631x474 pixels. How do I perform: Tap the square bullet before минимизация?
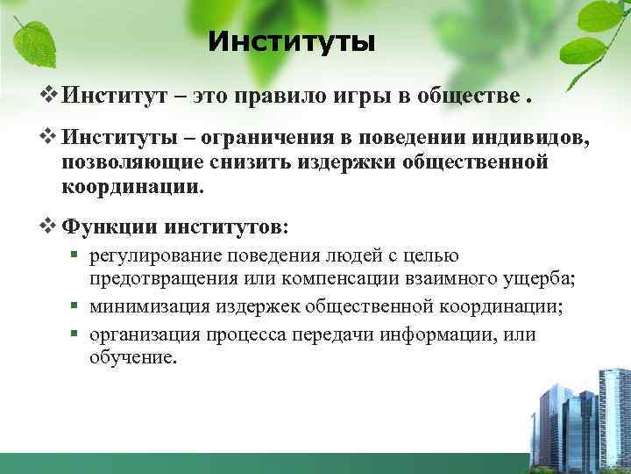click(x=77, y=305)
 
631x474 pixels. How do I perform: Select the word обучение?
click(x=132, y=357)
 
